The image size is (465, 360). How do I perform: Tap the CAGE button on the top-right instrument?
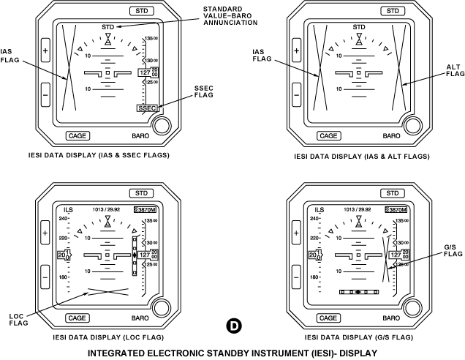[x=329, y=135]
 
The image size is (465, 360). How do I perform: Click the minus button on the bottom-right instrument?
[x=296, y=277]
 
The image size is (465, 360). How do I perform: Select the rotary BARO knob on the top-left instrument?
[x=163, y=125]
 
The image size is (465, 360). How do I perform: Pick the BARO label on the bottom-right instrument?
[x=392, y=318]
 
